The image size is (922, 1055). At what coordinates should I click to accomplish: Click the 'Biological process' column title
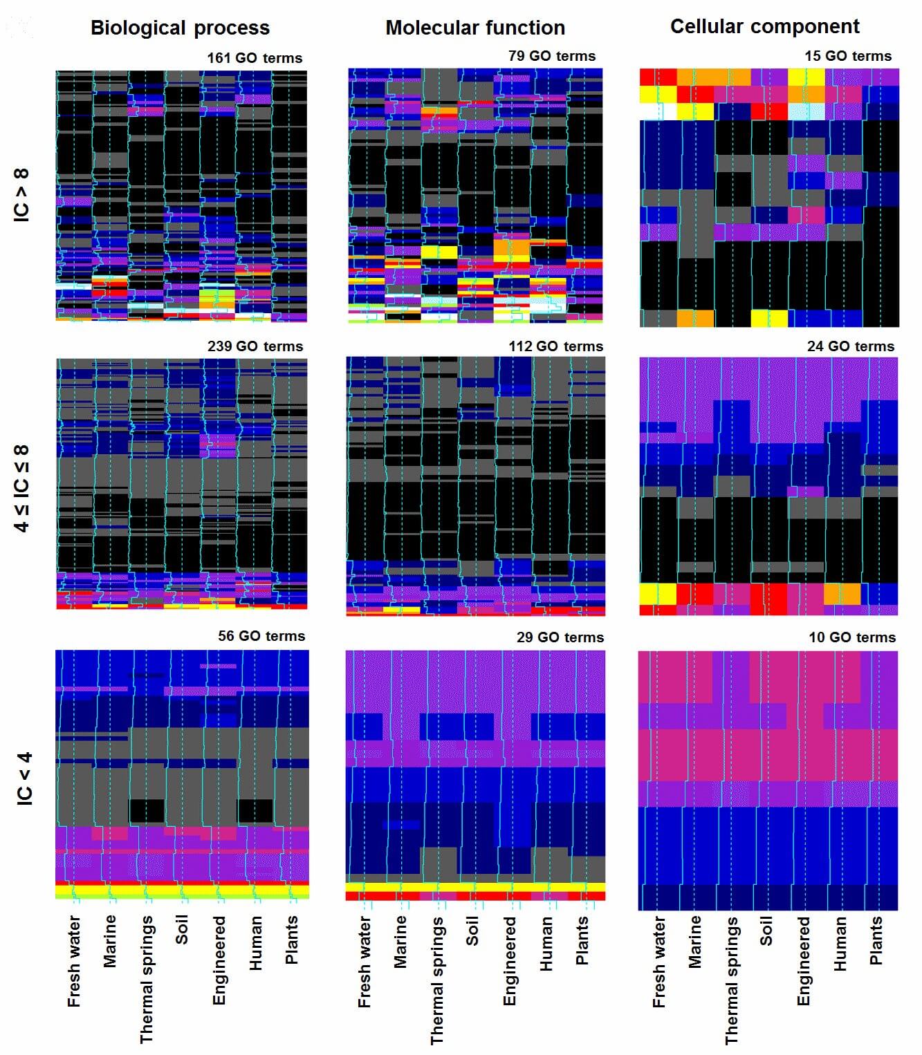click(x=180, y=28)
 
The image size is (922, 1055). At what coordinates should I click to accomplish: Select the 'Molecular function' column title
click(x=475, y=28)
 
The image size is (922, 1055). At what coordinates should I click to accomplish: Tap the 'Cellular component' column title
click(x=764, y=27)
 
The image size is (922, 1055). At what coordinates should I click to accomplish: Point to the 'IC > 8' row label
click(x=22, y=196)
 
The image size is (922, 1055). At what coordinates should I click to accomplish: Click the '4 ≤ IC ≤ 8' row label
click(x=22, y=488)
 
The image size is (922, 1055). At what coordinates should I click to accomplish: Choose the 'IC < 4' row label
click(x=24, y=778)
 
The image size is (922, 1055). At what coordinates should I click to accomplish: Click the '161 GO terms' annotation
click(x=255, y=58)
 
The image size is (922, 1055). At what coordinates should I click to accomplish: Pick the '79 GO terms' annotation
click(x=551, y=56)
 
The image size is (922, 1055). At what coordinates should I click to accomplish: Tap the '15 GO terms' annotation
click(x=847, y=56)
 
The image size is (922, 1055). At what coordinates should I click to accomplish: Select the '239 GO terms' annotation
click(x=255, y=346)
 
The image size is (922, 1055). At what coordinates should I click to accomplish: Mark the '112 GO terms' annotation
click(x=555, y=346)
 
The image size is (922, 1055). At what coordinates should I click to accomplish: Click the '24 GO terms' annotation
click(x=850, y=346)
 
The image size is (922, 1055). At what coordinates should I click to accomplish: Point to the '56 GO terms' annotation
click(x=261, y=636)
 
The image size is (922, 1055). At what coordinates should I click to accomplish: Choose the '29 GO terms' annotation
click(x=560, y=637)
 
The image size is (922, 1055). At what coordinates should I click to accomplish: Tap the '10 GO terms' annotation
click(x=851, y=637)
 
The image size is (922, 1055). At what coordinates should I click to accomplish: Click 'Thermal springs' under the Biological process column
click(x=147, y=979)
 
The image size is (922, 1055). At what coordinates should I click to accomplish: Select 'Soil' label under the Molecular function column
click(x=472, y=931)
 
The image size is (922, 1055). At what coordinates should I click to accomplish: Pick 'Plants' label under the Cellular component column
click(x=876, y=940)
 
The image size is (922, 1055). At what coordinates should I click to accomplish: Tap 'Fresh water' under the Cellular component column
click(x=658, y=962)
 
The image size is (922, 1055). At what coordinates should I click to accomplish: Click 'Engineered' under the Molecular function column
click(x=510, y=961)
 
